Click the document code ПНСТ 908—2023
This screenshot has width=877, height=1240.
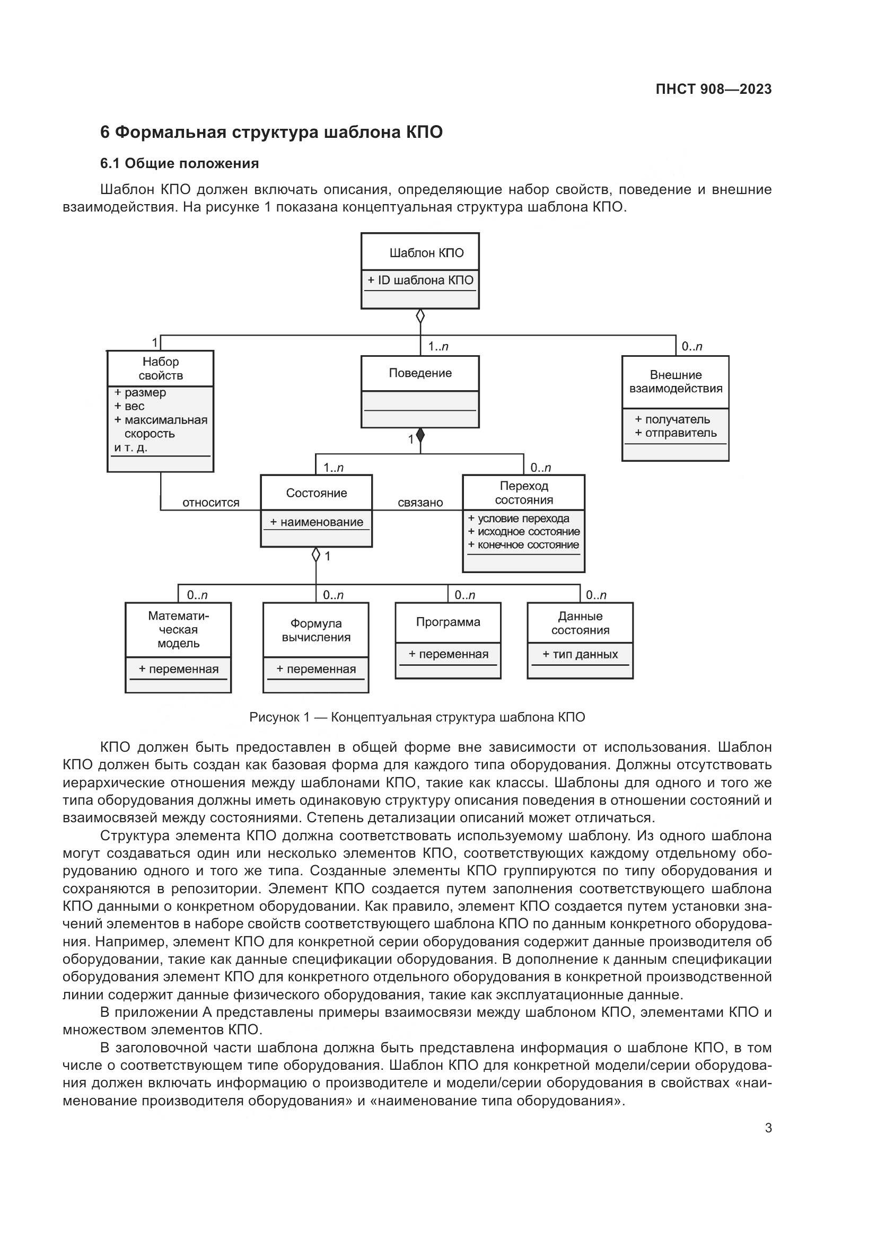[713, 89]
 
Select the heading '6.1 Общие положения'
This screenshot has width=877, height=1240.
[179, 163]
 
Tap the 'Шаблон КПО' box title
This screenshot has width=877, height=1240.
[426, 253]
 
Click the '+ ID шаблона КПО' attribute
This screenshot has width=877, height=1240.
[420, 280]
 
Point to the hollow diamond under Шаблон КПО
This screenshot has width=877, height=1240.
[420, 316]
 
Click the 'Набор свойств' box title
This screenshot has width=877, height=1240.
[160, 368]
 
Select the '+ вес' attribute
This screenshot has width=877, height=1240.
[129, 406]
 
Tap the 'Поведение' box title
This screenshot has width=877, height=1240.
[420, 373]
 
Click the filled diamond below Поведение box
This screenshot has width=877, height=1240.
[420, 434]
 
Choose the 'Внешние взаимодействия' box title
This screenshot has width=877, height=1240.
[676, 381]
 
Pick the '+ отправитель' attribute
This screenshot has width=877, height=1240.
[676, 433]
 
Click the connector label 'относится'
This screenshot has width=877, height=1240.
[211, 503]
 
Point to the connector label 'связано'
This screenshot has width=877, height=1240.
[420, 503]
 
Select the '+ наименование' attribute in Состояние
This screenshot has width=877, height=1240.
[317, 522]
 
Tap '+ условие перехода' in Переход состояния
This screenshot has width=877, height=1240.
[519, 518]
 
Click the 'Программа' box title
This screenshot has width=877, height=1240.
[448, 622]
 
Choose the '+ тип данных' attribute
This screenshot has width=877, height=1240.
[580, 654]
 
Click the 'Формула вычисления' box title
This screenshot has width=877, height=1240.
[316, 630]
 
